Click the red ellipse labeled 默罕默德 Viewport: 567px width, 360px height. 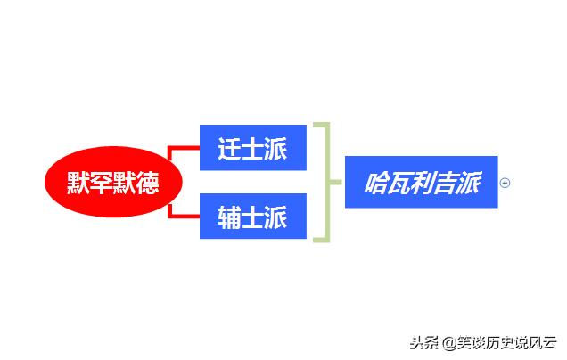point(114,184)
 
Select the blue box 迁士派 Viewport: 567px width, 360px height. point(252,147)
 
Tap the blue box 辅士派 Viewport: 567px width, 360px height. point(252,217)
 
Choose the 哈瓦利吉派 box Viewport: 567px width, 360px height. point(421,183)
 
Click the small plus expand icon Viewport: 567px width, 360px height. point(505,184)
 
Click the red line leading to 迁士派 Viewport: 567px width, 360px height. point(183,147)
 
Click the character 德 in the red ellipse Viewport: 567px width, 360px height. point(148,184)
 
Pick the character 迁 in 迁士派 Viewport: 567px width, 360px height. point(229,147)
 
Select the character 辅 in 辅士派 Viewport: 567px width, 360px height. point(229,217)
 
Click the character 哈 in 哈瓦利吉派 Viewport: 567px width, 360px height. point(376,184)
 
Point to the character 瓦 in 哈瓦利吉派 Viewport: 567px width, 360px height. point(399,184)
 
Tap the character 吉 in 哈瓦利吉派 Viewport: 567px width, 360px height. point(445,184)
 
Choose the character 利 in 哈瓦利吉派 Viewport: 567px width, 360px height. point(422,184)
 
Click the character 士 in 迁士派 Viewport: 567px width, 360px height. point(252,147)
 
